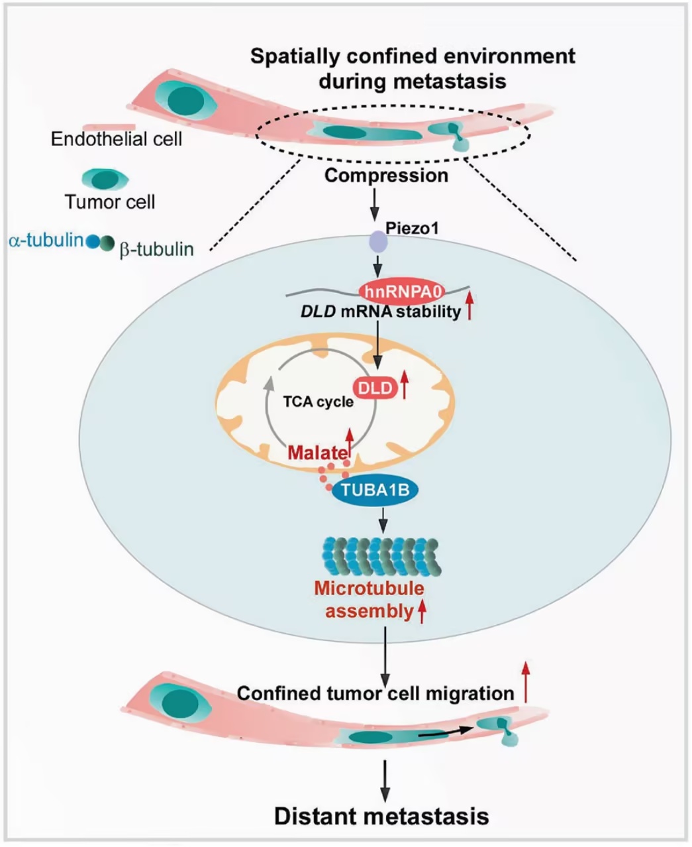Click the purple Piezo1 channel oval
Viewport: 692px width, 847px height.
[x=378, y=241]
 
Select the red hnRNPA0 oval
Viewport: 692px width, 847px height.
[x=402, y=291]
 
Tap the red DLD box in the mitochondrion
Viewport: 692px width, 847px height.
[x=375, y=388]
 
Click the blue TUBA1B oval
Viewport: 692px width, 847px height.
[x=375, y=490]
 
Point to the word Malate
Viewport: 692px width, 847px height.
[x=317, y=453]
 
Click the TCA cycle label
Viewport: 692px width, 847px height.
[x=319, y=402]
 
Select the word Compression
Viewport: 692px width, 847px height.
[x=386, y=176]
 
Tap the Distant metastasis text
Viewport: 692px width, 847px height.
[x=381, y=816]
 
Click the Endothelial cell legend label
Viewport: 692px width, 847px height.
[x=117, y=139]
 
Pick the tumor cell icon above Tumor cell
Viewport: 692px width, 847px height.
[x=105, y=179]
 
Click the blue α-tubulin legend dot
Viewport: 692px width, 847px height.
[x=93, y=241]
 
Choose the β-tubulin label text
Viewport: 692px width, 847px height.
[x=156, y=249]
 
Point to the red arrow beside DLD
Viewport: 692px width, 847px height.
[x=405, y=385]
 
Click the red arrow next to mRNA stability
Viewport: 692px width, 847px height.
[x=470, y=306]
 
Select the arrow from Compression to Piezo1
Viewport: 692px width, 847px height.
[x=375, y=204]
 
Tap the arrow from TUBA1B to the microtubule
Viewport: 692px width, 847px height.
[x=383, y=520]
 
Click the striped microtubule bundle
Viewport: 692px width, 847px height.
[x=381, y=556]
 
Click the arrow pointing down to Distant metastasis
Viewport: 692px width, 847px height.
[x=385, y=781]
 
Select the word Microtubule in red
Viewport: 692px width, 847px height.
[x=369, y=589]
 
